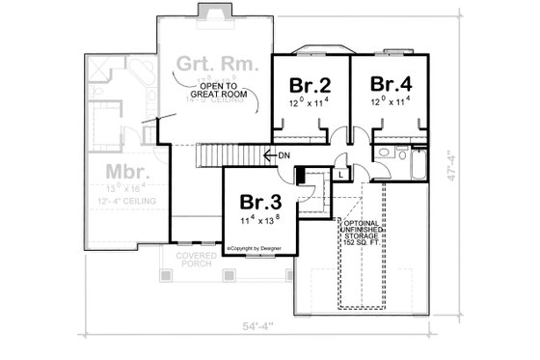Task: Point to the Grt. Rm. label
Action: click(x=216, y=66)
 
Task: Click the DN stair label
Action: click(x=284, y=155)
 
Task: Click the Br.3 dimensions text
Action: click(x=259, y=220)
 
